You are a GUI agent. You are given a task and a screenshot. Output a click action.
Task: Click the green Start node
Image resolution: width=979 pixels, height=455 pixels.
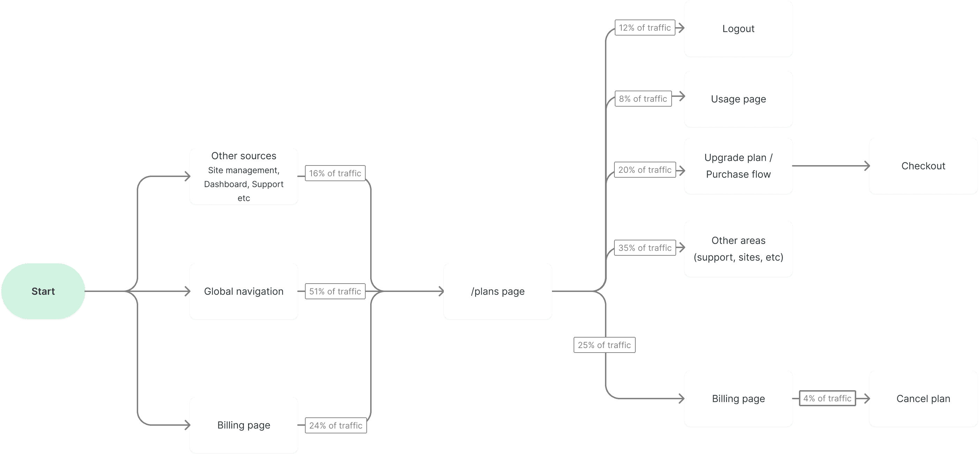(43, 291)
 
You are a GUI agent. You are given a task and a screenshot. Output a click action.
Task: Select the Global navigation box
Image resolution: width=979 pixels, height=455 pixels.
(244, 291)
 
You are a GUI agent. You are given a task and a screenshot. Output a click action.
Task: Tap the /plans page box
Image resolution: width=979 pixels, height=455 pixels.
(498, 291)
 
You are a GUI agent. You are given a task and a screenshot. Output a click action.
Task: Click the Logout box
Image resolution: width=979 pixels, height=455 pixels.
(738, 29)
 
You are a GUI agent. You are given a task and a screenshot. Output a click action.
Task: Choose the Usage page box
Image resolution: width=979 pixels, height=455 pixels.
(738, 99)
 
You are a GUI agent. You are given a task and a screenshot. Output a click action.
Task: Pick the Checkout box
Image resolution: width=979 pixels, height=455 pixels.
(923, 166)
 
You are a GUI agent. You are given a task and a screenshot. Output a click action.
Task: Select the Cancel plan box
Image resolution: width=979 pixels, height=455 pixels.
(923, 399)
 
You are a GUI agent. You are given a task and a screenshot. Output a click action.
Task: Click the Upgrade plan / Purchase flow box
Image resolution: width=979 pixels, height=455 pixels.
(738, 166)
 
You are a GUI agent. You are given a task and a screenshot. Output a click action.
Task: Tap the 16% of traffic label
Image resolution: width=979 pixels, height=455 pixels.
(335, 173)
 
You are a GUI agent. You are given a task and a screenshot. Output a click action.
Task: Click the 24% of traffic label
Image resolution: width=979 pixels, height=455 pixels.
(336, 425)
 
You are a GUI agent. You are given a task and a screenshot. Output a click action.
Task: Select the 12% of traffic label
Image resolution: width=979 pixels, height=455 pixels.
(644, 28)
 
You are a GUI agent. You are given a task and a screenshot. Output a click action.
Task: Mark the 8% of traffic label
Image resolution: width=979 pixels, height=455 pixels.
(643, 99)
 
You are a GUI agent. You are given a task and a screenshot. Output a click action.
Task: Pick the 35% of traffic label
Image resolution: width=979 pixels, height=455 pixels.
(644, 248)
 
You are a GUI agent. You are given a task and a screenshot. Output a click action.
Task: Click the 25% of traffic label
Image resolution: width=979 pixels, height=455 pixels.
(604, 345)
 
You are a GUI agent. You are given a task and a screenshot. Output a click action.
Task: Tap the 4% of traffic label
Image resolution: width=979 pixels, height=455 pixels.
(827, 399)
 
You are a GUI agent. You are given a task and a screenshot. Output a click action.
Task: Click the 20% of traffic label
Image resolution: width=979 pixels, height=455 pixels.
(644, 170)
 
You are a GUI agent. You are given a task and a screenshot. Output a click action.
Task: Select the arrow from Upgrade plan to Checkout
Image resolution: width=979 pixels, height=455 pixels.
(831, 166)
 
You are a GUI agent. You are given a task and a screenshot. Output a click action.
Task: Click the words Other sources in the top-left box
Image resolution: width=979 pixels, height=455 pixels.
(244, 156)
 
